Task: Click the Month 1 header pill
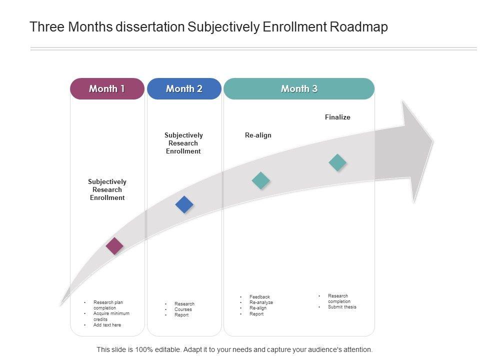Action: pyautogui.click(x=107, y=89)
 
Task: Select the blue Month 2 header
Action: pyautogui.click(x=184, y=89)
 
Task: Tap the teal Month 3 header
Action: pyautogui.click(x=299, y=89)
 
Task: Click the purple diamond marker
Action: pyautogui.click(x=114, y=246)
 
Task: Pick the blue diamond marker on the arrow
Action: pyautogui.click(x=184, y=204)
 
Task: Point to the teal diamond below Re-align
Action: pyautogui.click(x=260, y=180)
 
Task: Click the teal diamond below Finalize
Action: pyautogui.click(x=337, y=162)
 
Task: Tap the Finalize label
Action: pyautogui.click(x=337, y=117)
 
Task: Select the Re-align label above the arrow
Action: pyautogui.click(x=258, y=135)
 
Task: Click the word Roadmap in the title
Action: pyautogui.click(x=359, y=27)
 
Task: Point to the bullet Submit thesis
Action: pyautogui.click(x=342, y=307)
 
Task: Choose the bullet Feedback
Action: pyautogui.click(x=259, y=297)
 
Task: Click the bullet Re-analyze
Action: pyautogui.click(x=261, y=302)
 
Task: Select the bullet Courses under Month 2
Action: pyautogui.click(x=183, y=309)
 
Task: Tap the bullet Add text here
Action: pyautogui.click(x=107, y=325)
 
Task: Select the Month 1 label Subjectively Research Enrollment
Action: pyautogui.click(x=107, y=190)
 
